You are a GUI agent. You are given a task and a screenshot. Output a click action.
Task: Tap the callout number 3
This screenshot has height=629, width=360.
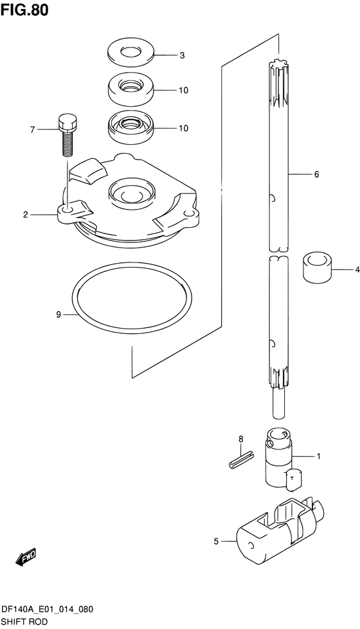tap(182, 56)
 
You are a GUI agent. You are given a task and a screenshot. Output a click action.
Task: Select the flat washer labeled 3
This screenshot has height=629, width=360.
tap(130, 53)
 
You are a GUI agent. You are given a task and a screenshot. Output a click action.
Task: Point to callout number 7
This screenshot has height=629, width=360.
tap(33, 129)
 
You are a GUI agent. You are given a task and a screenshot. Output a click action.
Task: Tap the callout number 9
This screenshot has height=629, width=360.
tap(59, 315)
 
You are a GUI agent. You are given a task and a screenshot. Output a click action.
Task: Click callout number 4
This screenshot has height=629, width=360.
tap(357, 270)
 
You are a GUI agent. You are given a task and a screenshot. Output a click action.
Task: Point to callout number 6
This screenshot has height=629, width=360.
tap(317, 174)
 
